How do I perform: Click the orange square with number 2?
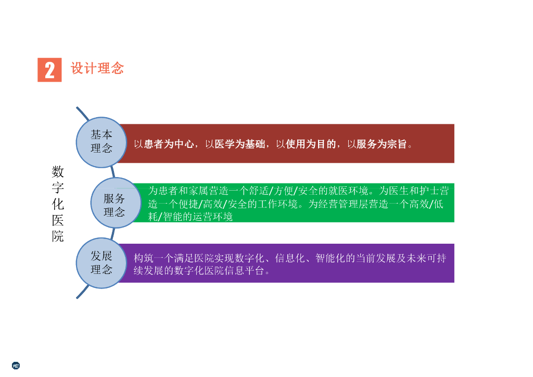point(49,70)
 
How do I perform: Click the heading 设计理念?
point(97,68)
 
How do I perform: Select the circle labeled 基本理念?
point(101,142)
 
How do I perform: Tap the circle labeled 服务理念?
point(116,203)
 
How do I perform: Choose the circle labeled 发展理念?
point(101,263)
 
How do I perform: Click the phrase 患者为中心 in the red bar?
point(169,144)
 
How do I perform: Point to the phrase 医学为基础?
point(239,144)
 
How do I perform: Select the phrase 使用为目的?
point(311,144)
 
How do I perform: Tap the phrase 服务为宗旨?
point(382,144)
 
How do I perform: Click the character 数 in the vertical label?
point(58,172)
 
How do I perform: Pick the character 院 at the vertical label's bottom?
point(58,236)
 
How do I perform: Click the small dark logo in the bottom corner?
point(16,366)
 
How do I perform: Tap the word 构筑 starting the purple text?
point(144,258)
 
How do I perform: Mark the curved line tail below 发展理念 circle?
point(82,292)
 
